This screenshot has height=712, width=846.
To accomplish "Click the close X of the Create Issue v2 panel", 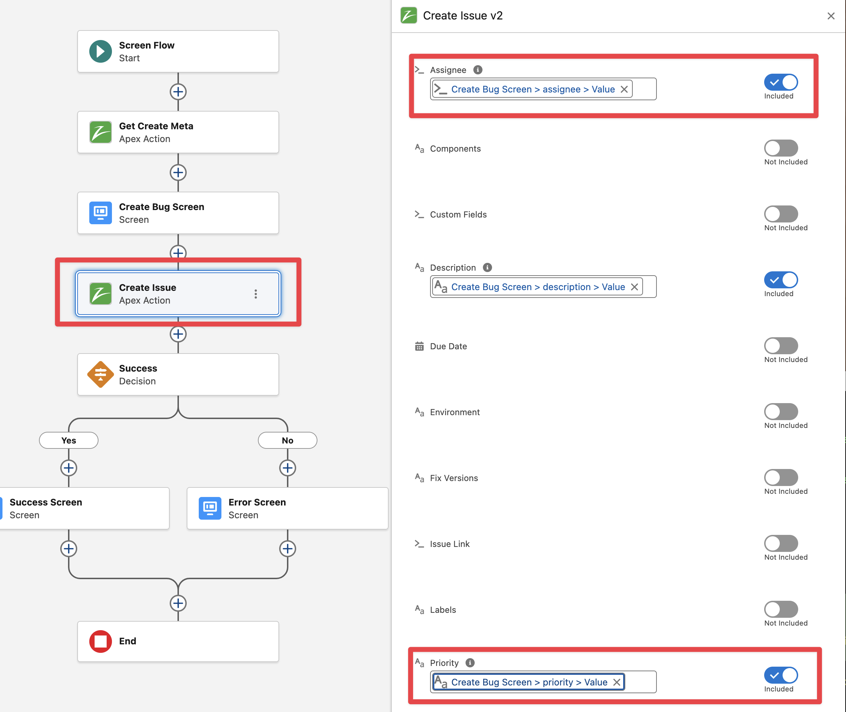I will [831, 16].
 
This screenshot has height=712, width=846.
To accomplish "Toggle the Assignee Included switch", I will [780, 82].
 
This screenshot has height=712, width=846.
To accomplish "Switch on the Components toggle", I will [780, 148].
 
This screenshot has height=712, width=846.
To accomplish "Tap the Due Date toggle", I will [780, 346].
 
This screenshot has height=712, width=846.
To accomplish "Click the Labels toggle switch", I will [780, 610].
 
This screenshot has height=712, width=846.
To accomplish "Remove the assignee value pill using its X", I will [624, 89].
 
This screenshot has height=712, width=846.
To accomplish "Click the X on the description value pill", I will [634, 287].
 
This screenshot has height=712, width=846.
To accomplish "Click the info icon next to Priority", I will [470, 663].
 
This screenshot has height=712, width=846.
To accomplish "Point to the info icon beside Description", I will [487, 267].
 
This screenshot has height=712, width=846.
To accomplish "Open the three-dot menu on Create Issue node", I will [255, 294].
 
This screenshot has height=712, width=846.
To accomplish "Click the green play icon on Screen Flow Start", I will [101, 51].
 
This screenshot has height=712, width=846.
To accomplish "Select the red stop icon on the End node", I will [101, 641].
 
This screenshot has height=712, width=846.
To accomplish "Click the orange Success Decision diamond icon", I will [101, 374].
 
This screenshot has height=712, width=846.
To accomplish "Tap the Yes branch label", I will [69, 440].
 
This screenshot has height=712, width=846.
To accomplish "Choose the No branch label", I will [287, 440].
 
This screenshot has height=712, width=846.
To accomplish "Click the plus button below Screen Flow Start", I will [178, 92].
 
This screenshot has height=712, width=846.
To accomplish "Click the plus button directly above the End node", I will [178, 603].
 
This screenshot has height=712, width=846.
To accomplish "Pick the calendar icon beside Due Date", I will [419, 346].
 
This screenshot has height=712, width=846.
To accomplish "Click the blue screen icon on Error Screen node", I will [210, 508].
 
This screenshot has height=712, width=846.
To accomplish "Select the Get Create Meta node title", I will [156, 126].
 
